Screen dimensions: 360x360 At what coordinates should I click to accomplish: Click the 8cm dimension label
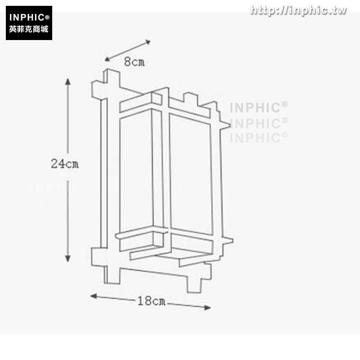[134, 62]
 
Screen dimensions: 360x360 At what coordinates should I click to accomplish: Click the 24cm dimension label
[65, 164]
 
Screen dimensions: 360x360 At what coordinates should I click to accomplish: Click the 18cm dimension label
[151, 301]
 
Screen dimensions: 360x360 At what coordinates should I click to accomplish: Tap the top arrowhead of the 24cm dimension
[68, 82]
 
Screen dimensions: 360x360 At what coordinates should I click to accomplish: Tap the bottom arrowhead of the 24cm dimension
[68, 258]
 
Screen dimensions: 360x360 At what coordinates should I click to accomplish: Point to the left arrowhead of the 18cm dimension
[94, 296]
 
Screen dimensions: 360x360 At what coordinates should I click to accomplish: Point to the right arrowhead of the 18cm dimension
[207, 308]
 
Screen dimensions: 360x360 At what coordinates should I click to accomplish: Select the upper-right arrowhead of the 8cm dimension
[148, 42]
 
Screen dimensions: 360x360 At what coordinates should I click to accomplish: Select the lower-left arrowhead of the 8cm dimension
[108, 59]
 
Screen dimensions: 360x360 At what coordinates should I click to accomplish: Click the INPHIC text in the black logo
[27, 18]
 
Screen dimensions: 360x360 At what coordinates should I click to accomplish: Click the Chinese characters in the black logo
[29, 29]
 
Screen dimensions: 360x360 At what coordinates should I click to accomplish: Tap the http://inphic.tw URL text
[298, 10]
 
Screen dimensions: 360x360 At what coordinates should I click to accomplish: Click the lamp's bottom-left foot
[112, 275]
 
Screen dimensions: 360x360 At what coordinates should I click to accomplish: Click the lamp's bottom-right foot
[194, 283]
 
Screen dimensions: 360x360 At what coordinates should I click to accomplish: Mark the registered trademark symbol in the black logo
[47, 17]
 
